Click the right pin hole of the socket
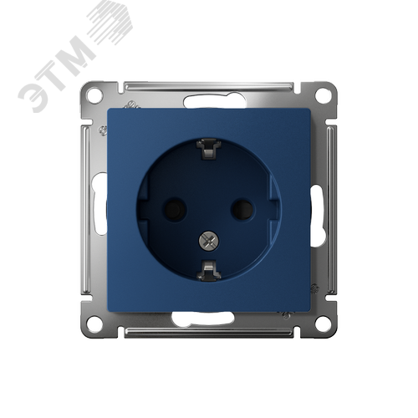coord(242,208)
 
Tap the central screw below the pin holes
coord(209,240)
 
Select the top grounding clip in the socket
coord(209,150)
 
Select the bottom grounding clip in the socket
coord(209,269)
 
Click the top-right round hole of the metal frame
coord(324,95)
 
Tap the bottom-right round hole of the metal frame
coord(324,324)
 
